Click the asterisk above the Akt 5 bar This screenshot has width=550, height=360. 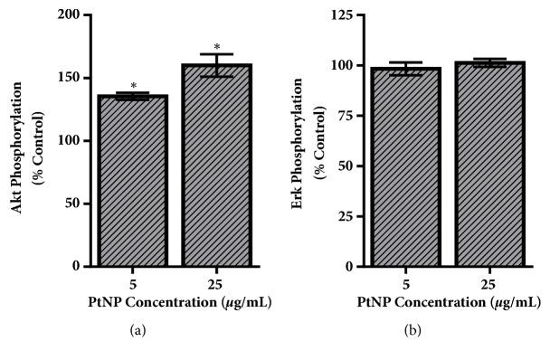[133, 84]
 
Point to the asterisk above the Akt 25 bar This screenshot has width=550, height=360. [217, 47]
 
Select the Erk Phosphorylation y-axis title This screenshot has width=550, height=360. [306, 141]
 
